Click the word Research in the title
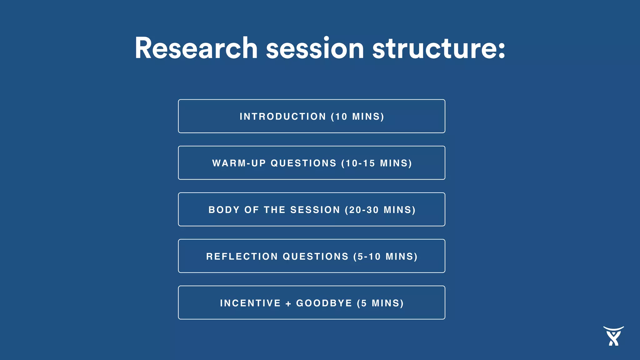pos(196,48)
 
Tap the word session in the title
pos(315,48)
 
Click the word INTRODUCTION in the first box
pos(283,117)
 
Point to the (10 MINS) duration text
pos(357,117)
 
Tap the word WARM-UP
pos(239,163)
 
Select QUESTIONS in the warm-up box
pos(303,163)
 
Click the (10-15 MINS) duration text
pos(377,163)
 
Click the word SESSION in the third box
pos(315,210)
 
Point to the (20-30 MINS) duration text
pos(380,210)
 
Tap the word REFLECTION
pos(242,257)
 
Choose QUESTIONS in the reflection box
pos(316,257)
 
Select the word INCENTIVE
pos(250,303)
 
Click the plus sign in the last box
pos(288,303)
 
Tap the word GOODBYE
pos(324,303)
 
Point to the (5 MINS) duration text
pos(380,303)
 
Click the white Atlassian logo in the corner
pos(613,336)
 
